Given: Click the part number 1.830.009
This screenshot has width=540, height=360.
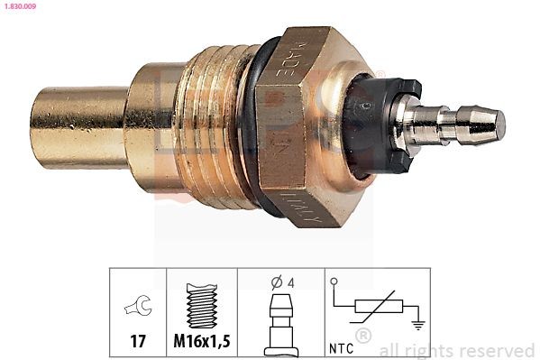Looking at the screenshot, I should (18, 6).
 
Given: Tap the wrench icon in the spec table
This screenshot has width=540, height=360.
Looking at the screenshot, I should (137, 309).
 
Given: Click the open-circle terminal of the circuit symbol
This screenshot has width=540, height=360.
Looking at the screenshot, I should (334, 283).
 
